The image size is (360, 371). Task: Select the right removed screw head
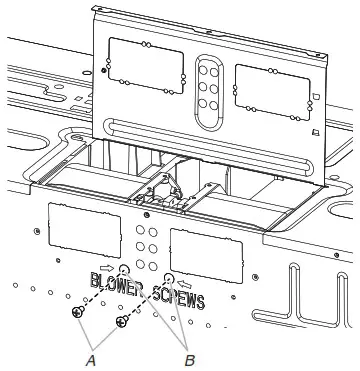point(122,322)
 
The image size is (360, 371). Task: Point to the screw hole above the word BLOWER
point(123,269)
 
